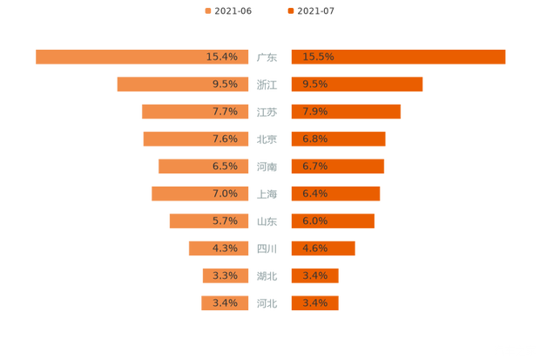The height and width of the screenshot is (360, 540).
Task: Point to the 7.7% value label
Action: tap(225, 112)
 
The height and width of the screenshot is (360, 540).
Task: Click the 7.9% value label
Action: tap(315, 112)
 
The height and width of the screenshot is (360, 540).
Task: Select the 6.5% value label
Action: tap(225, 166)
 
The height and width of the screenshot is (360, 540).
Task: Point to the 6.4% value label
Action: tap(315, 194)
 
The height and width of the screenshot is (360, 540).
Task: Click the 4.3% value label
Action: tap(225, 248)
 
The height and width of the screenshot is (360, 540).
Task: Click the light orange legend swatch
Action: tap(208, 10)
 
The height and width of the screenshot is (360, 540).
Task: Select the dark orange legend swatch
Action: tap(289, 10)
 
